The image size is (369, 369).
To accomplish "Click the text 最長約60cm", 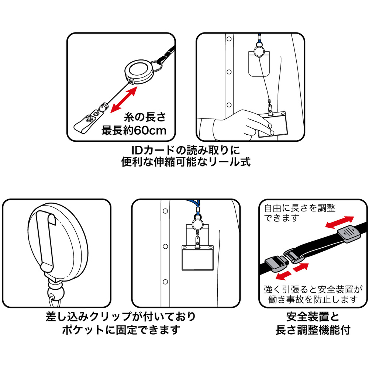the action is [134, 130].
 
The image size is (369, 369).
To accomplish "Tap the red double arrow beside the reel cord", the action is [124, 100].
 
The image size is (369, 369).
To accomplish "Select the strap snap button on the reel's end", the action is [89, 118].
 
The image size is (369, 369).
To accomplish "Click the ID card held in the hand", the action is [273, 125].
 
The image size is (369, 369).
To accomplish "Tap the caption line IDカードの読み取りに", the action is [186, 150].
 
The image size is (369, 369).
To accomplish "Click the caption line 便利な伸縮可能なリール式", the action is [186, 162].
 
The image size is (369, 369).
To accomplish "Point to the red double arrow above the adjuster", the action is [339, 222].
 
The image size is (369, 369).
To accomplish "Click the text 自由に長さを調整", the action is [300, 208].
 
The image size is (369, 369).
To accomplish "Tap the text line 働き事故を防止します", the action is [313, 299].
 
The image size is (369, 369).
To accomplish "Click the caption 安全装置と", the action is [313, 317].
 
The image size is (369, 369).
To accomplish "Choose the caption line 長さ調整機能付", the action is [313, 330].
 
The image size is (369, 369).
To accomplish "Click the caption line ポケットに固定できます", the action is [121, 330].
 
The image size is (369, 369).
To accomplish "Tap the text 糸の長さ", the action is [145, 117].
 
